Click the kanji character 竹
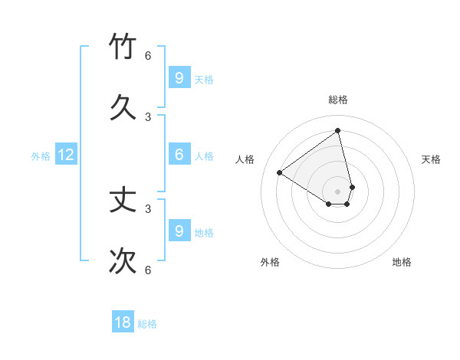click(123, 46)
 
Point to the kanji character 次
click(123, 260)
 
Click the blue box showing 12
click(66, 155)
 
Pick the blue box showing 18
click(123, 322)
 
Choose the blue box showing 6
click(179, 155)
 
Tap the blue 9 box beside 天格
click(179, 78)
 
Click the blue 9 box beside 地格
click(179, 231)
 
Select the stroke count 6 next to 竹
click(148, 56)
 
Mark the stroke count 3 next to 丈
click(148, 208)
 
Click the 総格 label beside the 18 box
click(147, 324)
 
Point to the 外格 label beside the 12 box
click(41, 156)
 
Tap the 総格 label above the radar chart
click(338, 100)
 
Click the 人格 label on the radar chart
click(245, 159)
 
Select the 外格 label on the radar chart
click(270, 262)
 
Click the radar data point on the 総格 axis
click(338, 130)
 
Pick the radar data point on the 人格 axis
click(279, 172)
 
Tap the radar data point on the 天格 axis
click(352, 187)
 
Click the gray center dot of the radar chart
click(338, 191)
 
